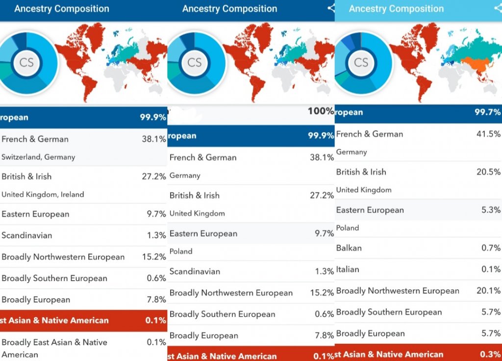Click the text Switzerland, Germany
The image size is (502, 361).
click(38, 157)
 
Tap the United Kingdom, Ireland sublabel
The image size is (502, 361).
click(43, 195)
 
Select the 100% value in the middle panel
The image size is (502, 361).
click(321, 111)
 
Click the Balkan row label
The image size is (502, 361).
click(349, 248)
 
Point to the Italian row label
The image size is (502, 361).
click(348, 269)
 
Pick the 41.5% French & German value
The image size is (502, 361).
click(488, 134)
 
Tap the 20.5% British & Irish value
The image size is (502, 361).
click(488, 172)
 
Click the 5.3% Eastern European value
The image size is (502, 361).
click(491, 210)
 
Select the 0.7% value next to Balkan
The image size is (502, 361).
click(491, 248)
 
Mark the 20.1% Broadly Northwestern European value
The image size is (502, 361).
click(488, 291)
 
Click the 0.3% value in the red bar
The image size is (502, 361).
click(491, 354)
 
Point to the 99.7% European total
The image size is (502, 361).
click(487, 112)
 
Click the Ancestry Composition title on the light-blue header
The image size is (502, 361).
click(396, 9)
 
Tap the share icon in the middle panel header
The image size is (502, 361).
click(331, 8)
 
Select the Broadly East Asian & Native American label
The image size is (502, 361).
click(54, 348)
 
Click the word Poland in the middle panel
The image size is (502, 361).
click(181, 252)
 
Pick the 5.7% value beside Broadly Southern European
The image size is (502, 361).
click(491, 312)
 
